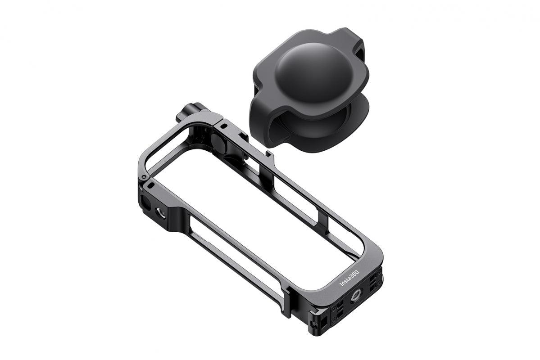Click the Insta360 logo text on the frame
click(x=349, y=278)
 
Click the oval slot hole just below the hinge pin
click(x=150, y=185)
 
